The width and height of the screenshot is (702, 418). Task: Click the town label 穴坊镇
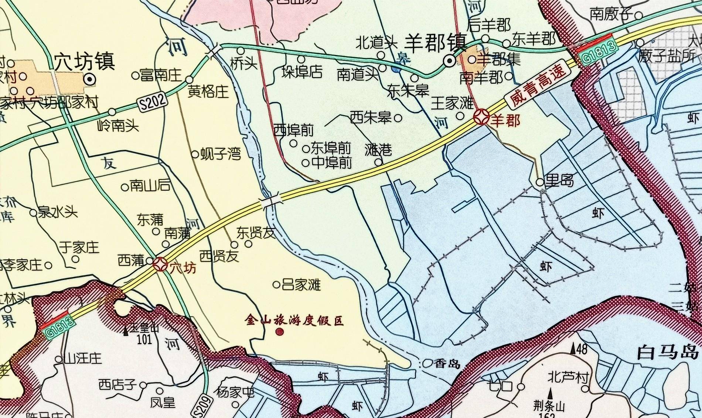[84, 62]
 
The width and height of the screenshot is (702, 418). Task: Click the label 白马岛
[669, 353]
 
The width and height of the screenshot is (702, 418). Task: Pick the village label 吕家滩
[301, 284]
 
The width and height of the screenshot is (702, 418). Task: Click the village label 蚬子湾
[220, 154]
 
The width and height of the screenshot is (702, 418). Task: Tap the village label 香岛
[447, 363]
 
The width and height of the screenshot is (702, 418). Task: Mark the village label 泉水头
[58, 213]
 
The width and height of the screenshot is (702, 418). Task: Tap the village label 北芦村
[568, 377]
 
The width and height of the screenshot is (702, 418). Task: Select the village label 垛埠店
[302, 72]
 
